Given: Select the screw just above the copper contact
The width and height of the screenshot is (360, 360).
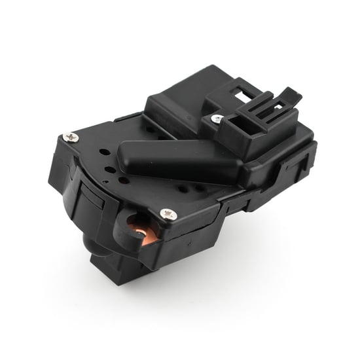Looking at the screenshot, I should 168,214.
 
